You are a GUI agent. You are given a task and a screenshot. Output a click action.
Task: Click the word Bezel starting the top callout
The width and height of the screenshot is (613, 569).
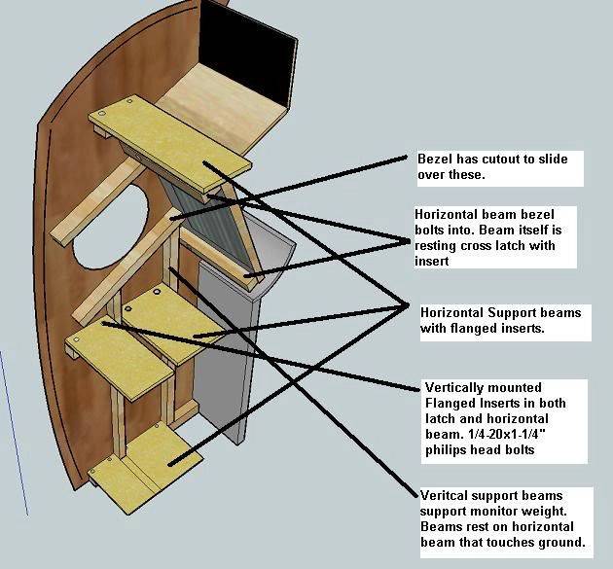435,159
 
